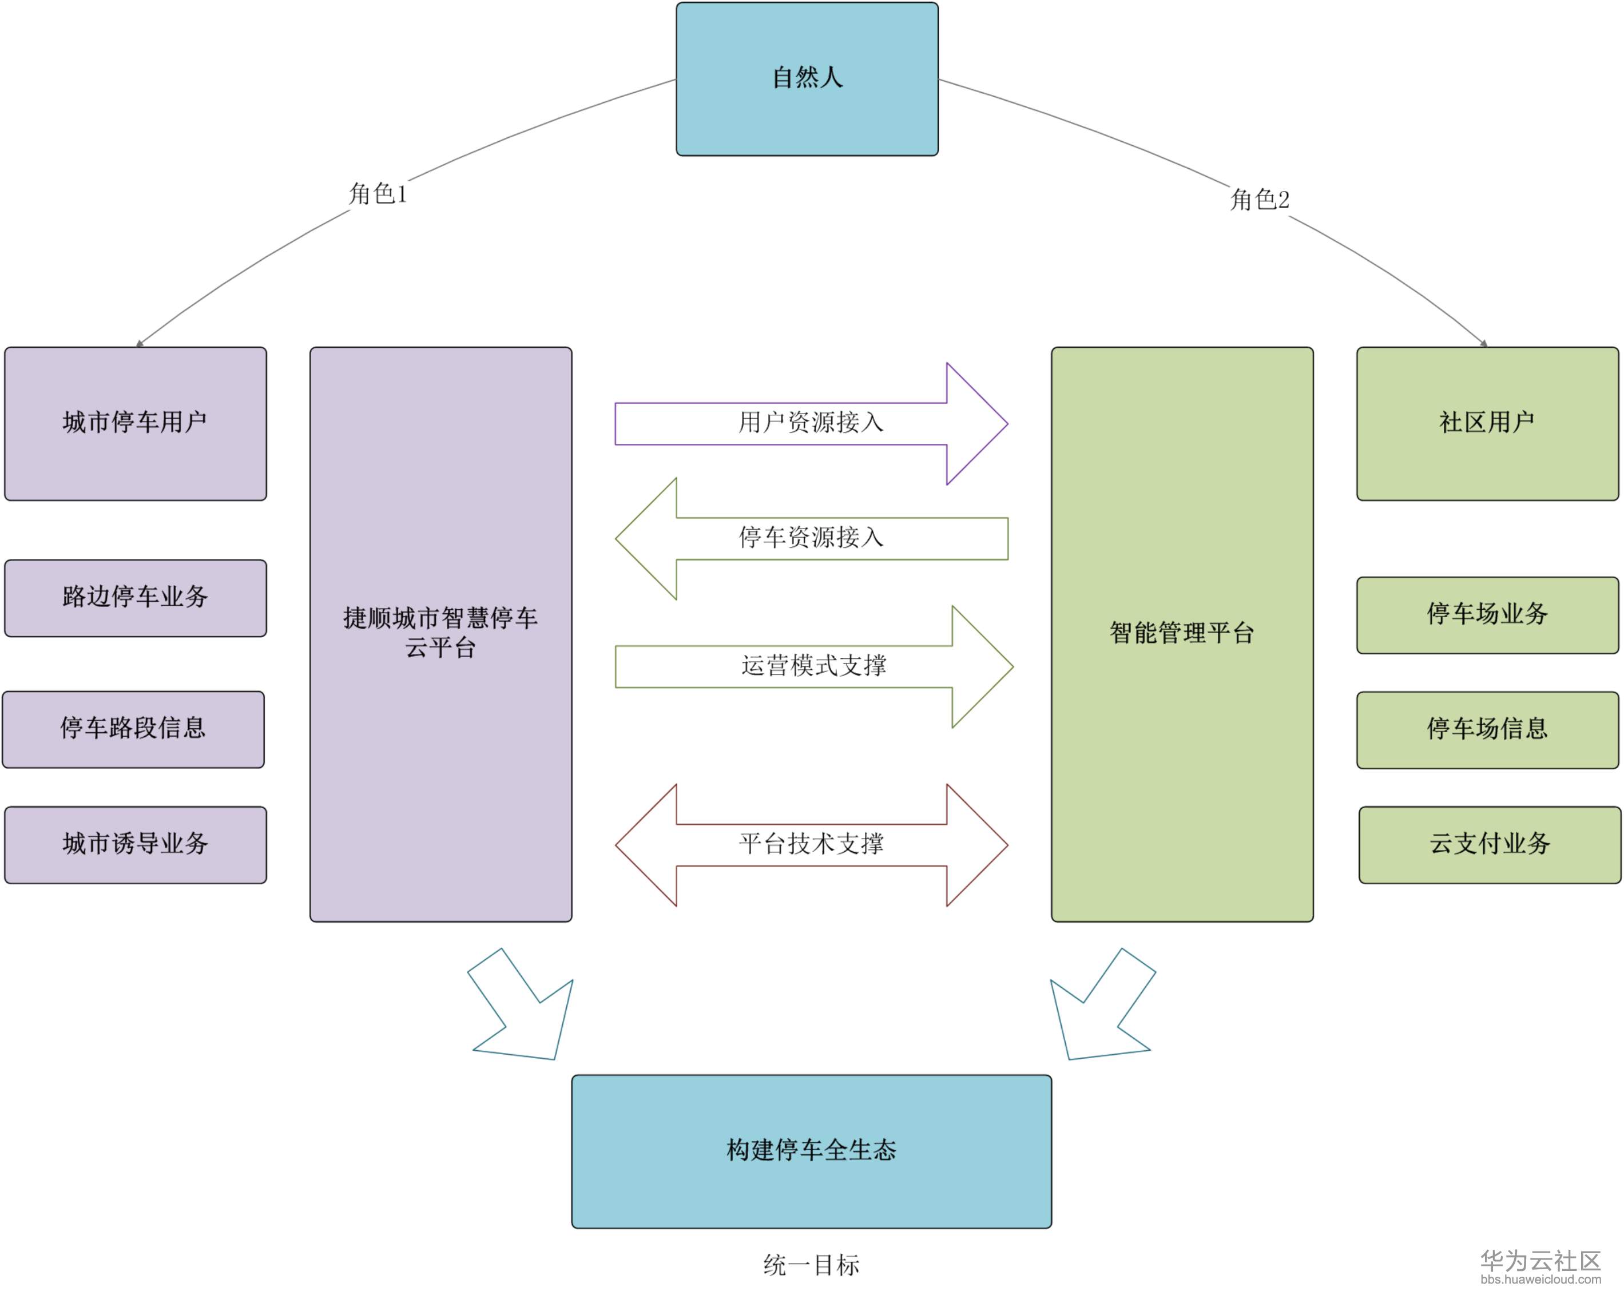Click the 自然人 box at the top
coord(807,79)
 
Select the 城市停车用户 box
coord(136,423)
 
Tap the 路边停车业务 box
coord(136,597)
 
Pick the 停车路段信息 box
coord(133,729)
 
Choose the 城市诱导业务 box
coord(136,844)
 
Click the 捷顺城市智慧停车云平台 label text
coord(440,632)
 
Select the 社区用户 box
coord(1487,423)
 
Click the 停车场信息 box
coord(1487,729)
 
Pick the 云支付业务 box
coord(1489,844)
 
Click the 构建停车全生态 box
coord(811,1150)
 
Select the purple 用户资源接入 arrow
coord(811,423)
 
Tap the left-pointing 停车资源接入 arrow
coord(811,538)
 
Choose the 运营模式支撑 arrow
coord(813,666)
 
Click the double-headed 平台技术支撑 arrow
coord(811,844)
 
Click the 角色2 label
coord(1260,200)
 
